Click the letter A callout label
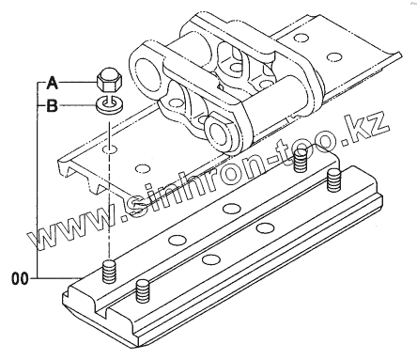(x=53, y=84)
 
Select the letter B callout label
(x=53, y=106)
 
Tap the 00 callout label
(x=20, y=278)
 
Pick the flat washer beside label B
(x=110, y=105)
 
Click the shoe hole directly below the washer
(x=110, y=149)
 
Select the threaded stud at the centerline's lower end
(x=109, y=272)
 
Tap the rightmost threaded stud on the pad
(x=333, y=180)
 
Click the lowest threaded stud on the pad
(x=143, y=291)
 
